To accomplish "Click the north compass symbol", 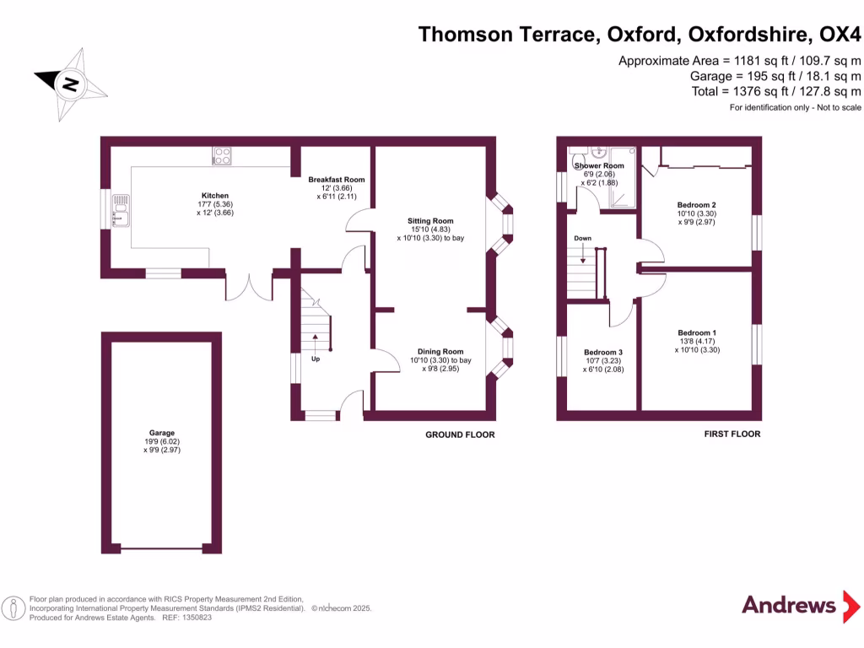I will [x=71, y=84].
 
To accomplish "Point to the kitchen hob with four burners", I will [x=223, y=155].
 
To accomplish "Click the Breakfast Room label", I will [x=336, y=180].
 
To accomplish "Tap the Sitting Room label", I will [x=430, y=220].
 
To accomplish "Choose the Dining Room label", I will [x=440, y=352].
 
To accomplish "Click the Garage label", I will [x=162, y=433].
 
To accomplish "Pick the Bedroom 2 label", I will [x=696, y=205].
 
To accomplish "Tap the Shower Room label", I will [x=599, y=166].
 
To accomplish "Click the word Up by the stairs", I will [x=316, y=359].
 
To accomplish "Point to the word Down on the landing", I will [x=582, y=239].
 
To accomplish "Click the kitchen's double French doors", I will [x=249, y=287].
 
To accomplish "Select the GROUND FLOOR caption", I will [x=460, y=435].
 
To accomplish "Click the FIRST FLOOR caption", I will [x=732, y=434].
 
